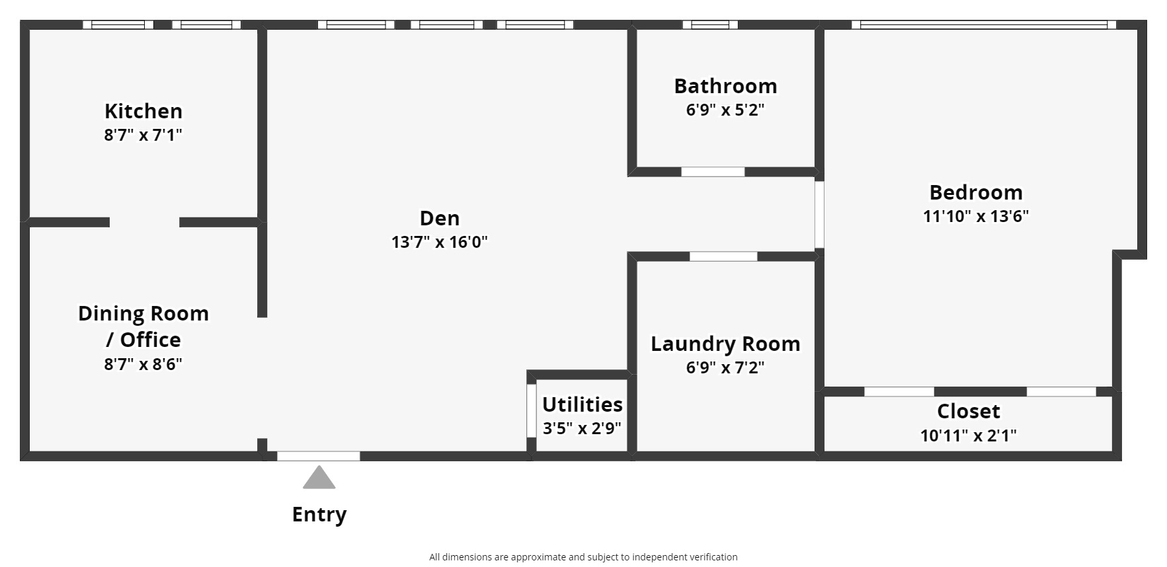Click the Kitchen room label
pos(143,111)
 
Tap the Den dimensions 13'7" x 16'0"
pos(440,242)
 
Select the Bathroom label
pos(725,86)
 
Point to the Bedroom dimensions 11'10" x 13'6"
pos(976,216)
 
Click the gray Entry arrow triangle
pos(319,479)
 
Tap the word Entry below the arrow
pos(319,514)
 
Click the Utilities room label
pos(583,404)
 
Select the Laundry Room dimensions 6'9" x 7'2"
pos(725,367)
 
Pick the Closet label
pos(969,411)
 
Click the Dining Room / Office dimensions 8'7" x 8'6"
pos(143,364)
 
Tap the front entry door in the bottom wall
pos(319,456)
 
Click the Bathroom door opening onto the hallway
pos(713,172)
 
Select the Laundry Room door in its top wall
pos(723,256)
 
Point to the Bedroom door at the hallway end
pos(819,214)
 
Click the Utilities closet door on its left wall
pos(531,410)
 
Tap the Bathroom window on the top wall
pos(710,25)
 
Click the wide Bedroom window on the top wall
pos(984,25)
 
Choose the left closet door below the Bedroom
pos(899,392)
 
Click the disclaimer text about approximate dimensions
pos(583,557)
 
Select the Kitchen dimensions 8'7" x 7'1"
pos(143,135)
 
